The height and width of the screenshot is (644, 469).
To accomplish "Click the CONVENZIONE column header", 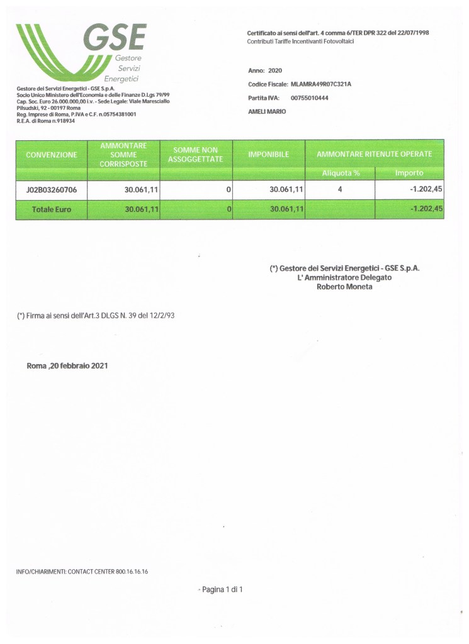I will tap(51, 155).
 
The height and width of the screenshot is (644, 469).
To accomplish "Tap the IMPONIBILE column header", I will tap(269, 155).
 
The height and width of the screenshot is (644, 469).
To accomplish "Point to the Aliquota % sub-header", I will tap(340, 173).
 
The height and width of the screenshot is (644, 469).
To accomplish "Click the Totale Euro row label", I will tap(51, 209).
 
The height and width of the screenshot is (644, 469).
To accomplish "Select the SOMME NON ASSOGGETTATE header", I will tap(196, 155).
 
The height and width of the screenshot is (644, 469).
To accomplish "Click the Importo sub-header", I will tap(409, 173).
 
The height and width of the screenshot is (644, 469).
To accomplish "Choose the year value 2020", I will tap(275, 71).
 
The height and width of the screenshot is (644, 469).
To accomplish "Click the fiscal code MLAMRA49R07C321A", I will tap(321, 84).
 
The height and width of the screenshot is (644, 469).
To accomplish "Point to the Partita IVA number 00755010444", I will tap(310, 98).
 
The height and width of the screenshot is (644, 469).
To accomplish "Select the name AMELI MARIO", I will tap(268, 111).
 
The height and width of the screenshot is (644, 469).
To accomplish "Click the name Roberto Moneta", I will tap(344, 287).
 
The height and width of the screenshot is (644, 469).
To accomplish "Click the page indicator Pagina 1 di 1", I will tap(222, 589).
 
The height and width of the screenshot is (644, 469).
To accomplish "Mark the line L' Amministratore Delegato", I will tap(344, 277).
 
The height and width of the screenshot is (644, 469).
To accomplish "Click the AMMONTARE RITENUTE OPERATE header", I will tap(374, 155).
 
